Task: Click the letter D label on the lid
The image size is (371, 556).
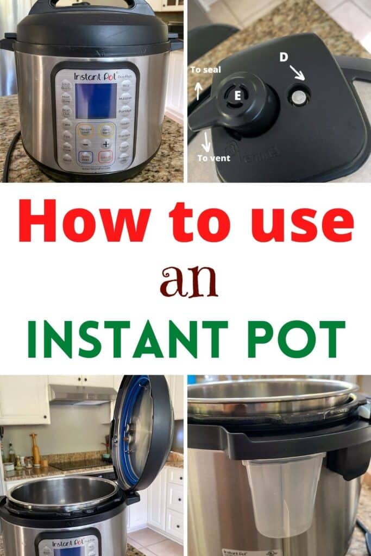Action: coord(284,57)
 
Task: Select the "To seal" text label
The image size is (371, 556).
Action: coord(205,69)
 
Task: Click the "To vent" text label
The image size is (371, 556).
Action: coord(213,158)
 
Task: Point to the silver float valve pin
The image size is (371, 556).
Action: coord(299,97)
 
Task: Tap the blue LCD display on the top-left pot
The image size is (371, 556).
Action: coord(96,101)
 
